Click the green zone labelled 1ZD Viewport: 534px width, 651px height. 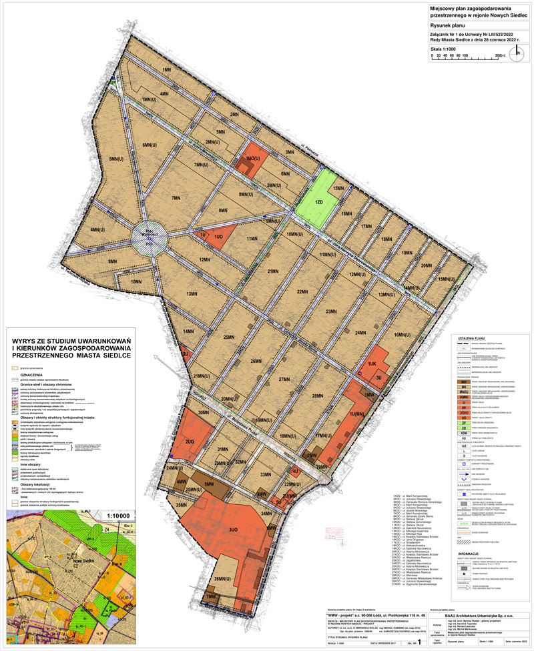pyautogui.click(x=318, y=201)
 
